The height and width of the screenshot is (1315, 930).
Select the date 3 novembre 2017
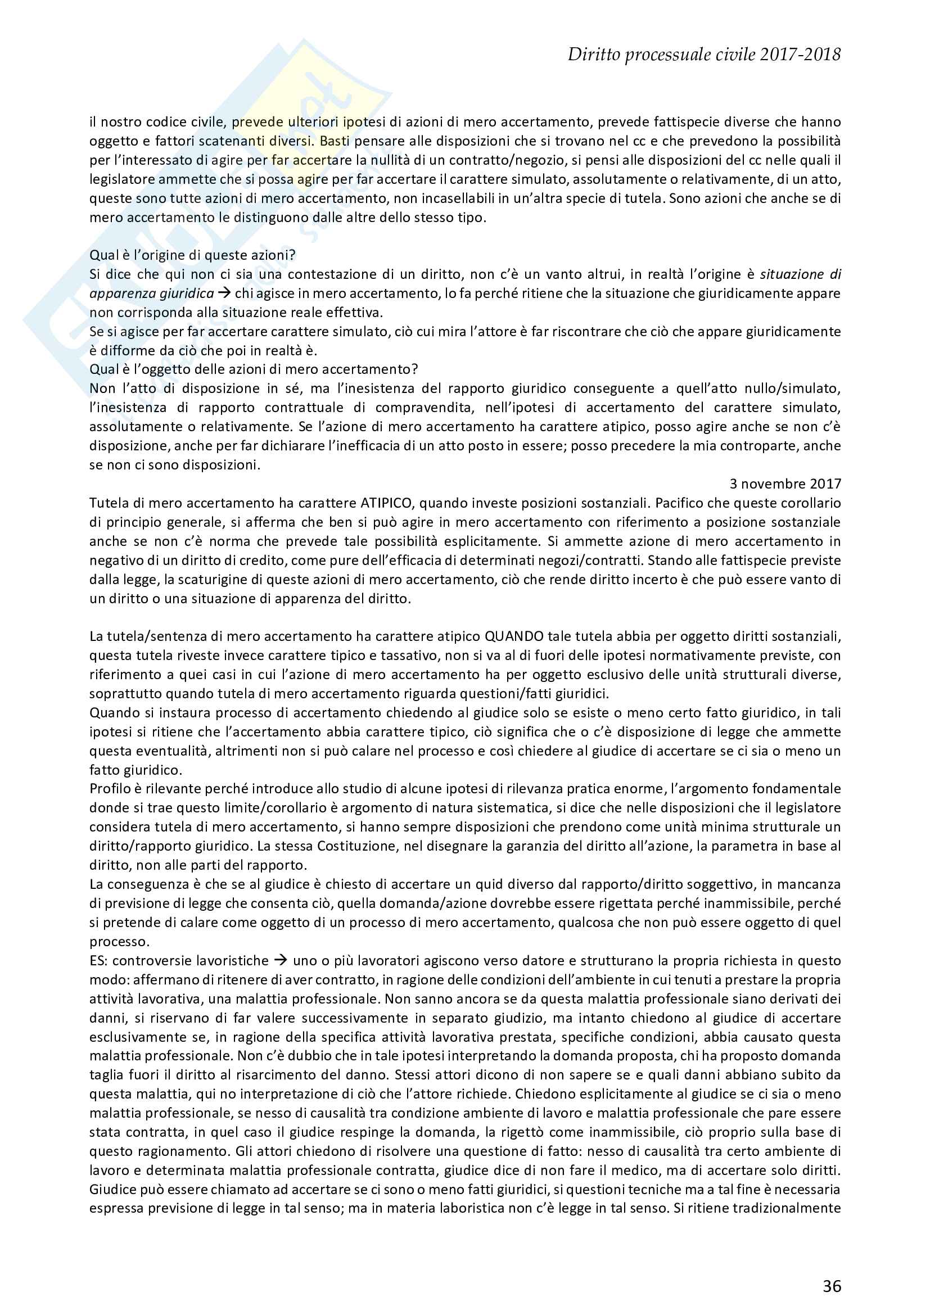pyautogui.click(x=785, y=484)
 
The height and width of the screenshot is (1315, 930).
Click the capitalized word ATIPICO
pyautogui.click(x=386, y=503)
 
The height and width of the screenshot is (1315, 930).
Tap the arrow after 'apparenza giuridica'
pyautogui.click(x=224, y=293)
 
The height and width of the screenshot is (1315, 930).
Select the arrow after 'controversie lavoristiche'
pyautogui.click(x=281, y=960)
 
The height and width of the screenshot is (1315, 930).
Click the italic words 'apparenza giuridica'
pyautogui.click(x=151, y=293)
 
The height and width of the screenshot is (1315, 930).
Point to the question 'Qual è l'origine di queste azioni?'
pyautogui.click(x=192, y=255)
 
